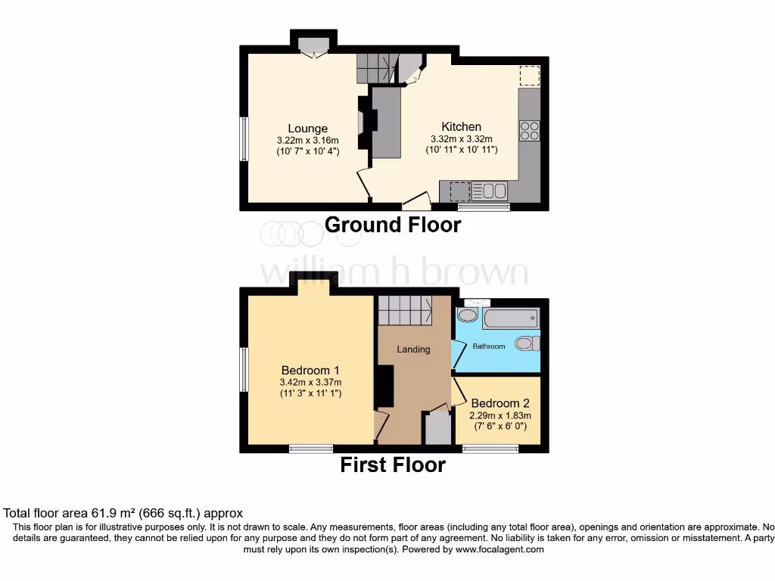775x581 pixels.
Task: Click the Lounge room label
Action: pyautogui.click(x=307, y=129)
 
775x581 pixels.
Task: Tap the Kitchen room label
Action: pyautogui.click(x=461, y=127)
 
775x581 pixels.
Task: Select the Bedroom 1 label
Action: pyautogui.click(x=310, y=370)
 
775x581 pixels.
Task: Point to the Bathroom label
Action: pyautogui.click(x=488, y=346)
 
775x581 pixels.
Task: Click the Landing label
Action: pyautogui.click(x=413, y=350)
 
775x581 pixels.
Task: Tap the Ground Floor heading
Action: pyautogui.click(x=392, y=225)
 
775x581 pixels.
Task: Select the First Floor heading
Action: pyautogui.click(x=392, y=464)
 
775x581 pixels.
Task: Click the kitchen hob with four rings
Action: pyautogui.click(x=530, y=131)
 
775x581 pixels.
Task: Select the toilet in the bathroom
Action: pyautogui.click(x=525, y=343)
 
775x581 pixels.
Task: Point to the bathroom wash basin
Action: pyautogui.click(x=468, y=315)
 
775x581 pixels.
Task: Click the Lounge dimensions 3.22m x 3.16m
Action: pyautogui.click(x=307, y=140)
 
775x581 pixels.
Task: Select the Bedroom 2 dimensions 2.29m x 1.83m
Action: pyautogui.click(x=500, y=415)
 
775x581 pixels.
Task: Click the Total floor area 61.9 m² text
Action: pyautogui.click(x=123, y=513)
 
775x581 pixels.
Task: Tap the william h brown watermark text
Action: pyautogui.click(x=394, y=273)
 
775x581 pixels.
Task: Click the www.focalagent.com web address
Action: pyautogui.click(x=500, y=550)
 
